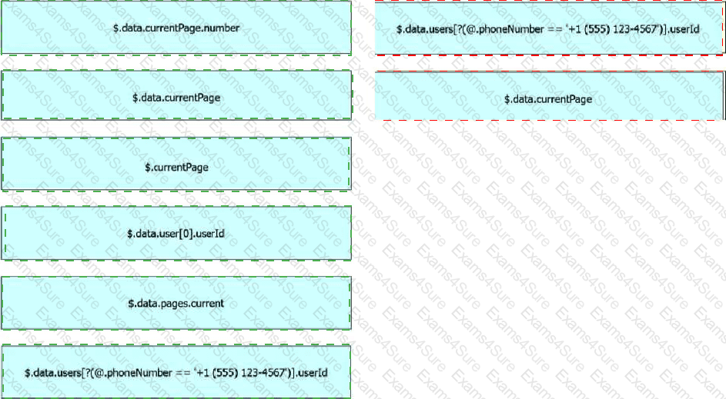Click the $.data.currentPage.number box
click(176, 28)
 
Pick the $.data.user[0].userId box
click(176, 233)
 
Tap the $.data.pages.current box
click(176, 304)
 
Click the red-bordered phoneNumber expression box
click(549, 28)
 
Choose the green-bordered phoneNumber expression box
click(176, 372)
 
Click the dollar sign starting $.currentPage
click(147, 168)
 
